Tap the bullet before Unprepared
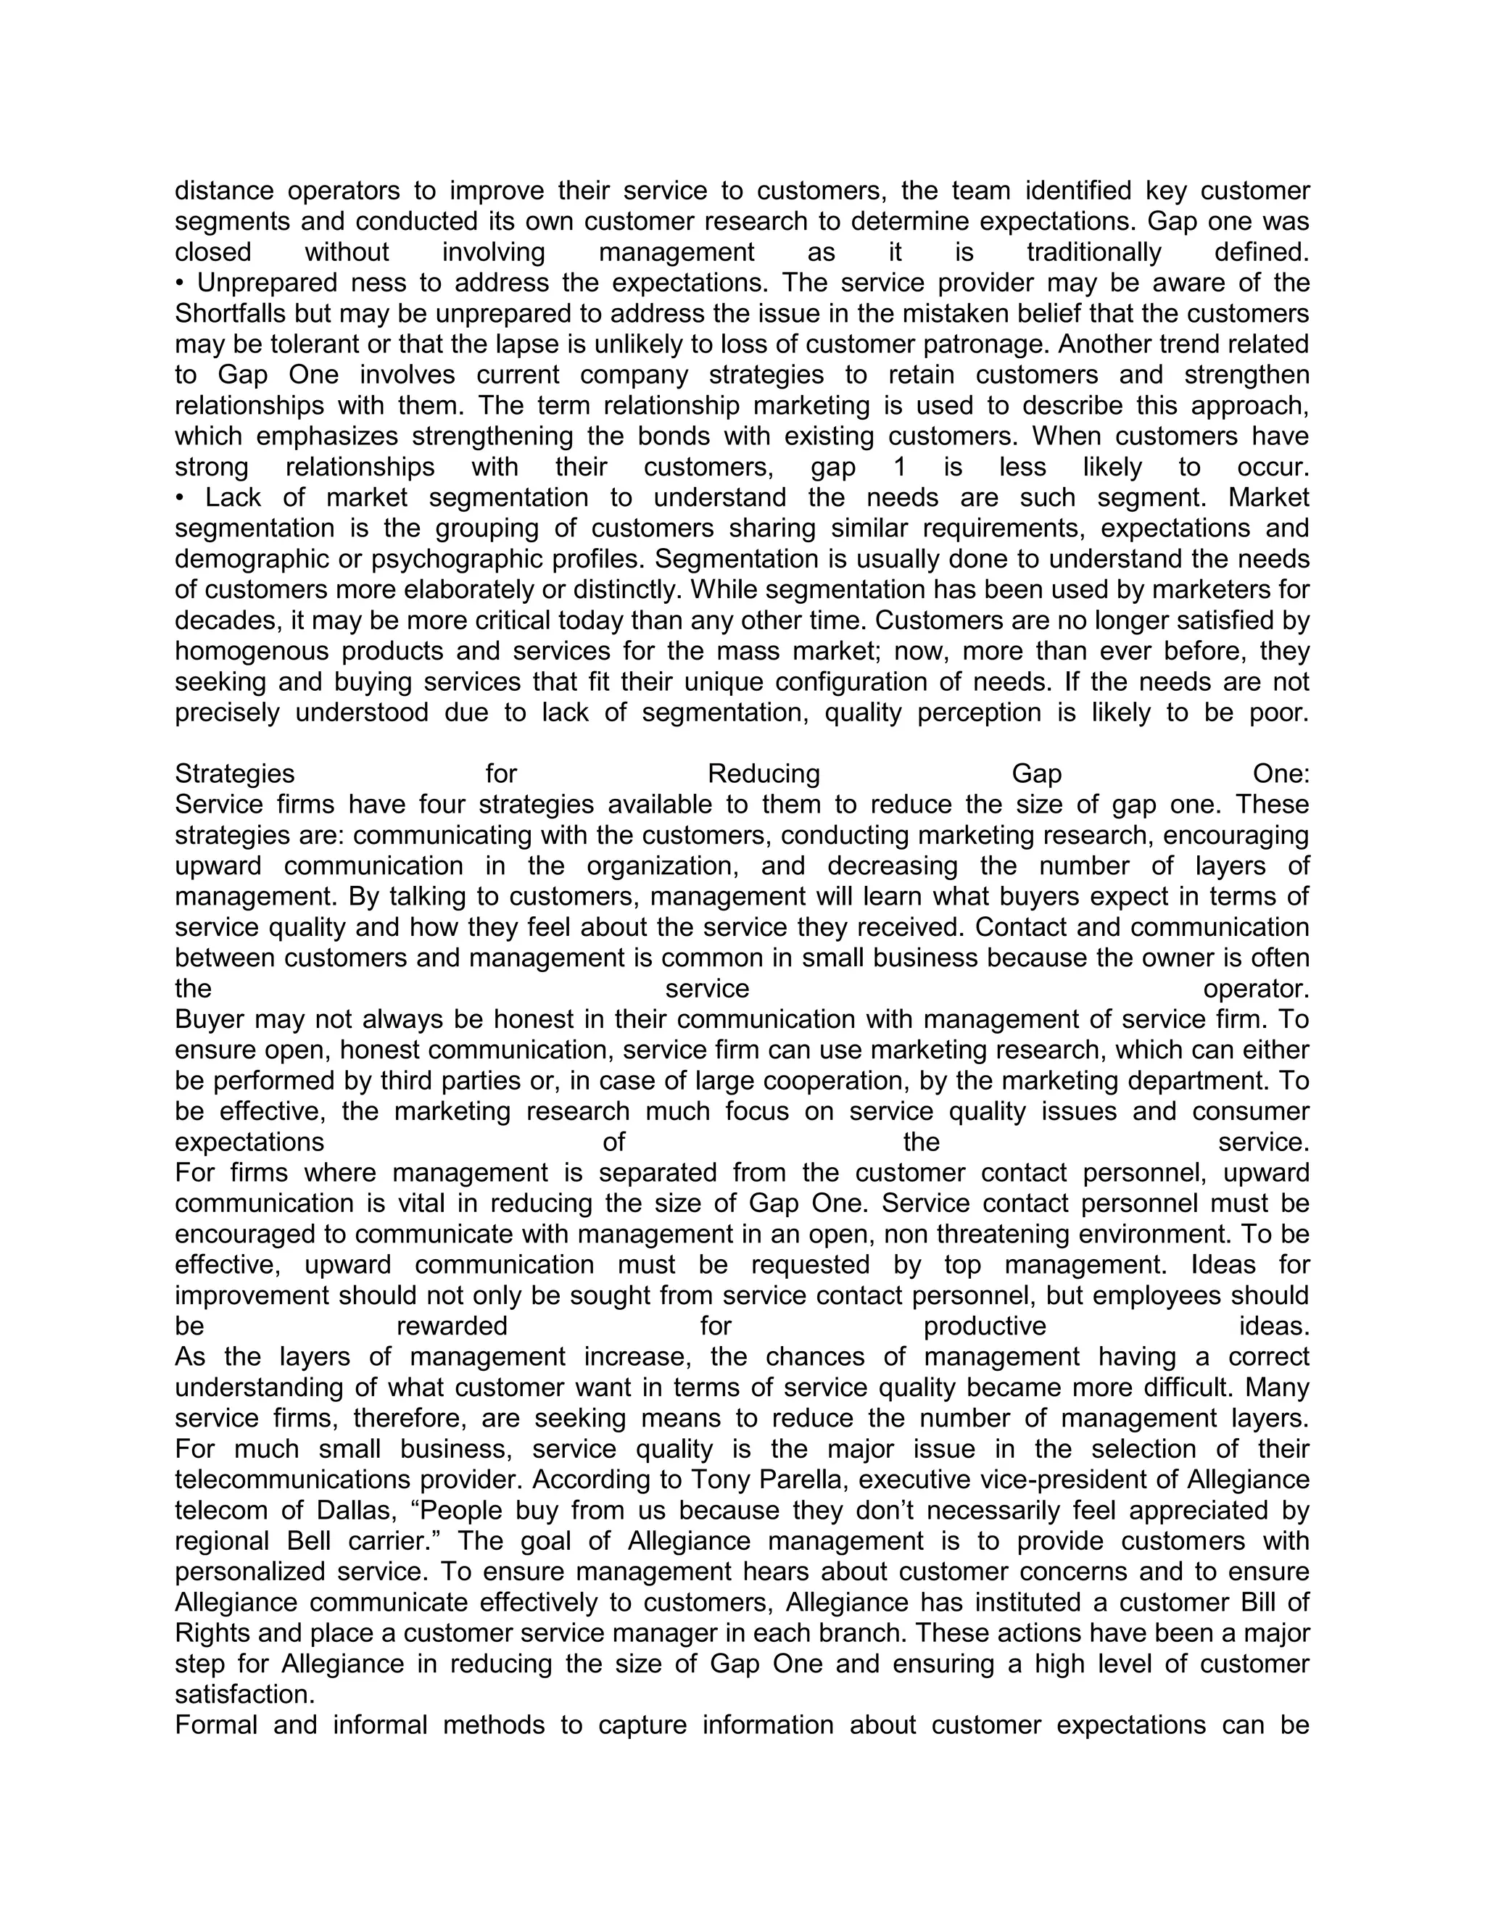[x=180, y=283]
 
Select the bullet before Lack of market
[x=180, y=498]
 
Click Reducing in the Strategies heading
[x=764, y=774]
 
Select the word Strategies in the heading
[x=235, y=774]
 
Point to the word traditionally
[x=1094, y=252]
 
